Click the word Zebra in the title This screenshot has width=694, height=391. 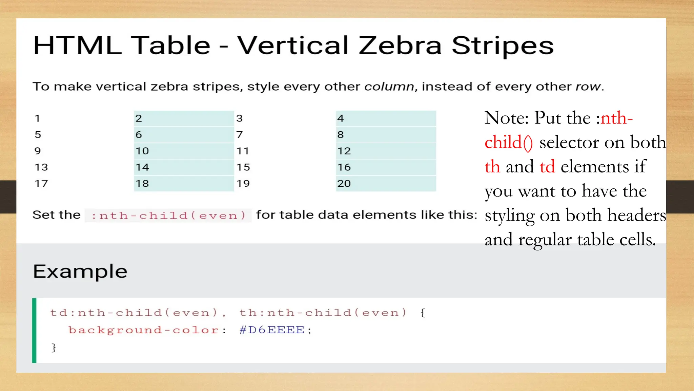pos(400,45)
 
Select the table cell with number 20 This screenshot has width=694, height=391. pos(386,184)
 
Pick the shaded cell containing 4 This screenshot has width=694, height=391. pos(386,118)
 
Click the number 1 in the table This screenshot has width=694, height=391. pos(37,118)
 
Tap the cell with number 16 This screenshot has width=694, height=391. pos(386,167)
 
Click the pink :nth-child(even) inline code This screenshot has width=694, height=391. pos(168,216)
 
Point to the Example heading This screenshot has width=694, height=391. pos(80,272)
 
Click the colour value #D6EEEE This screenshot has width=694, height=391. pos(272,330)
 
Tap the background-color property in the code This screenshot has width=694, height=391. pos(144,330)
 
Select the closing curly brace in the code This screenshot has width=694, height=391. pos(54,347)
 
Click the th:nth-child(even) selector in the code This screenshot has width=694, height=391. pos(323,313)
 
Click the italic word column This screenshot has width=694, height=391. pos(389,87)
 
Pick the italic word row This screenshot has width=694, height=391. pos(588,87)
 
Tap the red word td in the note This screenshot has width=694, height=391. pos(547,167)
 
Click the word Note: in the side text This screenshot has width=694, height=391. pos(506,118)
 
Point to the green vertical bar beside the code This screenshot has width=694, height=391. pos(34,330)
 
